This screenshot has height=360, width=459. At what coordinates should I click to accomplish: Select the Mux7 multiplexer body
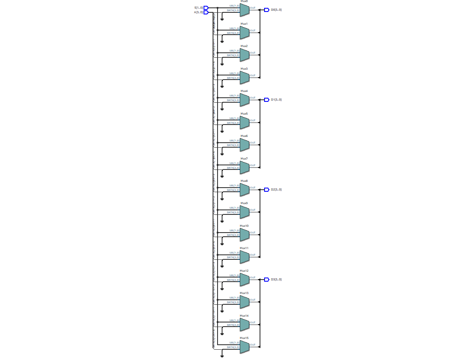(244, 167)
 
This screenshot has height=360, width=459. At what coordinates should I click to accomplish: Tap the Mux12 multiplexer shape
(244, 280)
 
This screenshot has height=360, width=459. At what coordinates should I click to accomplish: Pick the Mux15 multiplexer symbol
(244, 347)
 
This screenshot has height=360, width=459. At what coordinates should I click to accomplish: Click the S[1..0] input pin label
(199, 7)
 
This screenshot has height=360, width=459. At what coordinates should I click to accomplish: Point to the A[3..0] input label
(199, 12)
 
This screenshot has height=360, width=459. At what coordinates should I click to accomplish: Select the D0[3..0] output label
(276, 9)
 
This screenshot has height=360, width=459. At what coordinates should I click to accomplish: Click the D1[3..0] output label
(276, 99)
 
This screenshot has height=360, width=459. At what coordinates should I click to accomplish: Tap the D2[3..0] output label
(276, 190)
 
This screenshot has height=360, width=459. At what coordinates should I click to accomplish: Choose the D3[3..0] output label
(276, 280)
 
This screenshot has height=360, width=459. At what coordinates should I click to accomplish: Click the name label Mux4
(244, 91)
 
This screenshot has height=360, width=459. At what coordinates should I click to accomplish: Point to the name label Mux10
(244, 226)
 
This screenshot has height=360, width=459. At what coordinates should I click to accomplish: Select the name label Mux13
(244, 293)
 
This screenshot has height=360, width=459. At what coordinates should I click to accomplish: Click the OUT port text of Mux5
(253, 120)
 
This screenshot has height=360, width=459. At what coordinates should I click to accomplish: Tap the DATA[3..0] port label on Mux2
(233, 55)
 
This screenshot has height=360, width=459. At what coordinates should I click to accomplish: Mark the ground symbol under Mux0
(222, 19)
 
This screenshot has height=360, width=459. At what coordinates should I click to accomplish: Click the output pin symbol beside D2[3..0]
(267, 190)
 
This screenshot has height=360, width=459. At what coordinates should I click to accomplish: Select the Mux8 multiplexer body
(244, 190)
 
